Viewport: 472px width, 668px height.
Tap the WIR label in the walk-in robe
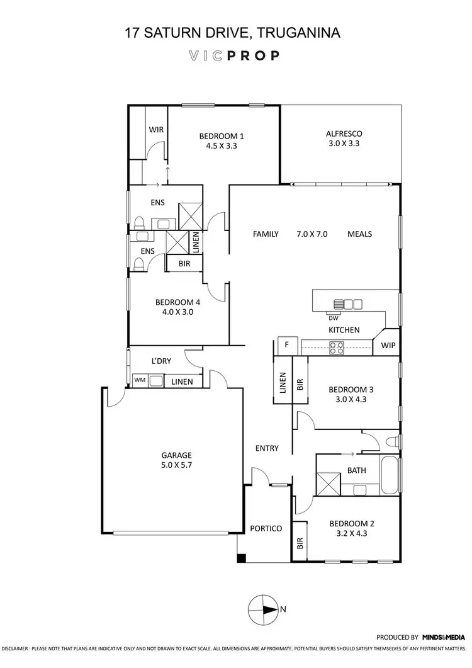(x=156, y=129)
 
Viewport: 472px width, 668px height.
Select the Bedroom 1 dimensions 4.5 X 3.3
(x=221, y=145)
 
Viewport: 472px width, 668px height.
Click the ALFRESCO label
(x=344, y=133)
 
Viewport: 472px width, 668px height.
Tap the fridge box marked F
(x=287, y=345)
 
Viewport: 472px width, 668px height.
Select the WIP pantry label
(x=386, y=345)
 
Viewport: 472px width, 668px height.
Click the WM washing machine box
(x=138, y=381)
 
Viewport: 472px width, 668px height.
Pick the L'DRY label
(x=162, y=361)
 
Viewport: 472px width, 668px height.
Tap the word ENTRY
(x=267, y=448)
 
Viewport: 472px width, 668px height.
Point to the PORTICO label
(x=266, y=528)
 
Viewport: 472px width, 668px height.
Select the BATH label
(x=357, y=470)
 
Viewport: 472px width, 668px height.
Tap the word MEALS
(x=359, y=234)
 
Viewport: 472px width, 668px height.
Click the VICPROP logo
(x=233, y=55)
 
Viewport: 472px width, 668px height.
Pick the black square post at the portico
(x=241, y=558)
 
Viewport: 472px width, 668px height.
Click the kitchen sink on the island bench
(x=347, y=304)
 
